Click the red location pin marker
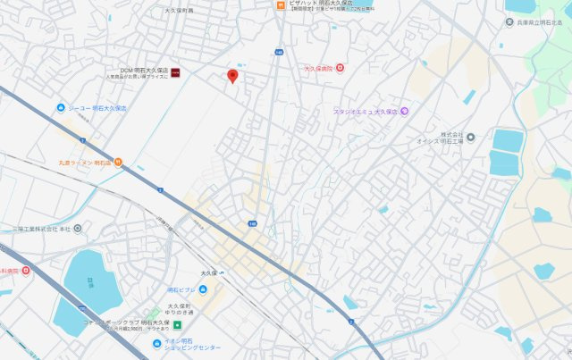(x=233, y=77)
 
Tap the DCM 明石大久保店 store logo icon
(x=176, y=71)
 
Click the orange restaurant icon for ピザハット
(x=281, y=4)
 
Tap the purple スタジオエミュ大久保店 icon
(x=404, y=111)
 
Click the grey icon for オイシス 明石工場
(x=471, y=137)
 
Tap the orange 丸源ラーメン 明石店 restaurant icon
(x=118, y=163)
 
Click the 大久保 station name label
(x=209, y=272)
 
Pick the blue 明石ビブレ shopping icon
(x=203, y=289)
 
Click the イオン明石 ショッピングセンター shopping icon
(x=156, y=341)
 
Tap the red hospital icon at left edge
(x=26, y=270)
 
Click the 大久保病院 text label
(x=318, y=68)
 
